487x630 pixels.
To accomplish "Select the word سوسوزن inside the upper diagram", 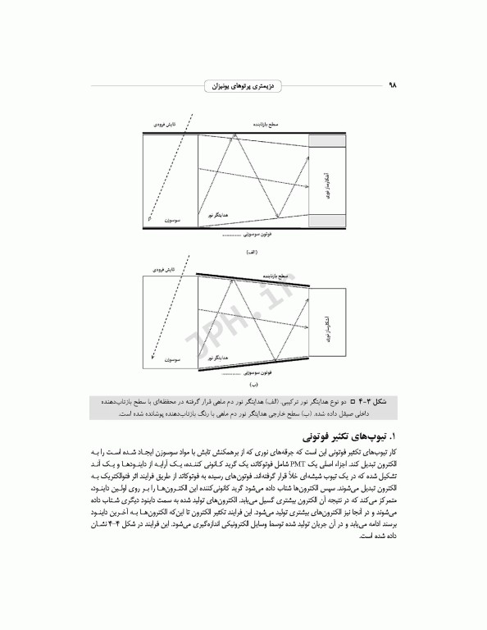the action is (x=171, y=221).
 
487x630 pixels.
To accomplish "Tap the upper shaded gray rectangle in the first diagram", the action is (x=328, y=141).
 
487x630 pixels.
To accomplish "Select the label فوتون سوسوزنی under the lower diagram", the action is (x=243, y=374).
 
